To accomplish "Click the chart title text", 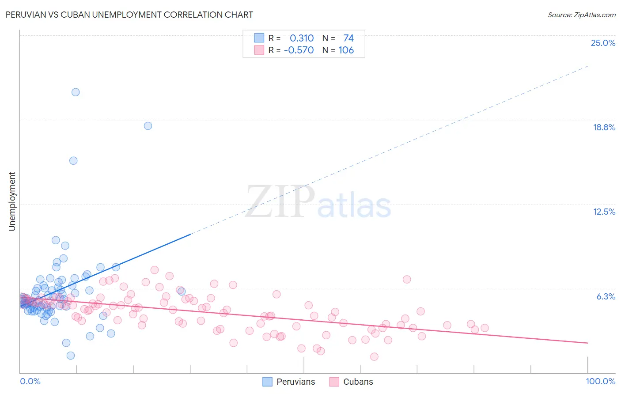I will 129,15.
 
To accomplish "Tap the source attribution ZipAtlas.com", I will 581,15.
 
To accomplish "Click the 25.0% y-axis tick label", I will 603,43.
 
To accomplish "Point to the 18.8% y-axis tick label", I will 604,127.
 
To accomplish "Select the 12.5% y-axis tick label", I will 604,212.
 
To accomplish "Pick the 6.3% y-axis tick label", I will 606,296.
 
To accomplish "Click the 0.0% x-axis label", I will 30,381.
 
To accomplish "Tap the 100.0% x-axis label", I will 600,381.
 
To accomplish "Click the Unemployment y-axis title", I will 12,201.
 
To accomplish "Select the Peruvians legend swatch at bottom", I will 267,382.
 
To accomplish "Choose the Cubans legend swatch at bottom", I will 334,382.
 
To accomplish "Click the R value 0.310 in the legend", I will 302,38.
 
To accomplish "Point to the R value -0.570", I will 299,50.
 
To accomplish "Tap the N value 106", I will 346,50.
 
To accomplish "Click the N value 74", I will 348,38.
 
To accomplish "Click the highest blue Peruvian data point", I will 76,92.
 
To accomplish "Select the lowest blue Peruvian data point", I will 70,356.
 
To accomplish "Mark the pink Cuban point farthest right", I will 485,328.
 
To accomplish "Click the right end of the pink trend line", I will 587,343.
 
